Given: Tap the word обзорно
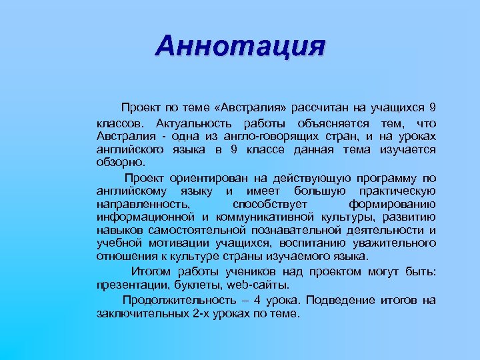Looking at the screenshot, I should (x=119, y=162).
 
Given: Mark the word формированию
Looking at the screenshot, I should (x=393, y=203).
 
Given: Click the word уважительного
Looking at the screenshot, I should (x=393, y=243).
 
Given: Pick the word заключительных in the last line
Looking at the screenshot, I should (x=137, y=313).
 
